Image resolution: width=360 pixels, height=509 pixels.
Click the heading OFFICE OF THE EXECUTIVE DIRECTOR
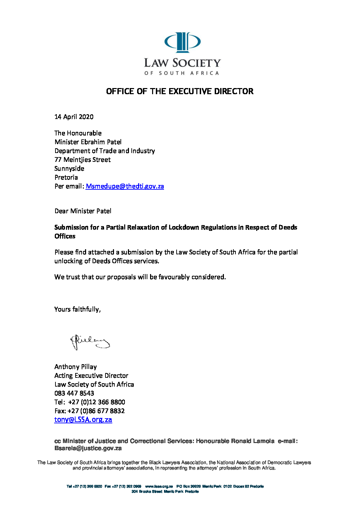180,91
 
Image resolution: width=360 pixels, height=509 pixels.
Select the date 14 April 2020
74,117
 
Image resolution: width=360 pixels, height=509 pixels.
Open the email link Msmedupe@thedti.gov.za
125,186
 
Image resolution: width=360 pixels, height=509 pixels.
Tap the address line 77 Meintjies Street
82,160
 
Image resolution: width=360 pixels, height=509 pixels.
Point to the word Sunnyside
69,169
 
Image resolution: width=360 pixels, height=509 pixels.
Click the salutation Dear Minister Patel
83,211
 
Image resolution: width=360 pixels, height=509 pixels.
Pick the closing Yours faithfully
77,309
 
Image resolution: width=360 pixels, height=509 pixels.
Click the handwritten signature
90,342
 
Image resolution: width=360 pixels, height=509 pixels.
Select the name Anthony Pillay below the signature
76,367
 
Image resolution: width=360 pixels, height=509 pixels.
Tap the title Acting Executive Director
91,376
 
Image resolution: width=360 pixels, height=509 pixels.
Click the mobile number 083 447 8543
74,393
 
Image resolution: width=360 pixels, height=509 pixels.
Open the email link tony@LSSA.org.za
83,420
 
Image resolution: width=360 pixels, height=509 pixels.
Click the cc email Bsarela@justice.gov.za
88,448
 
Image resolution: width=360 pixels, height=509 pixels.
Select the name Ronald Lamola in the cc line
252,441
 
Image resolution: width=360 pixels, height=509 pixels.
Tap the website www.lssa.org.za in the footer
159,487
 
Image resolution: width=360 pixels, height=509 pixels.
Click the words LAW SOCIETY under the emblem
182,63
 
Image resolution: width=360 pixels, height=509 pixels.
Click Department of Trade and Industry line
104,151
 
